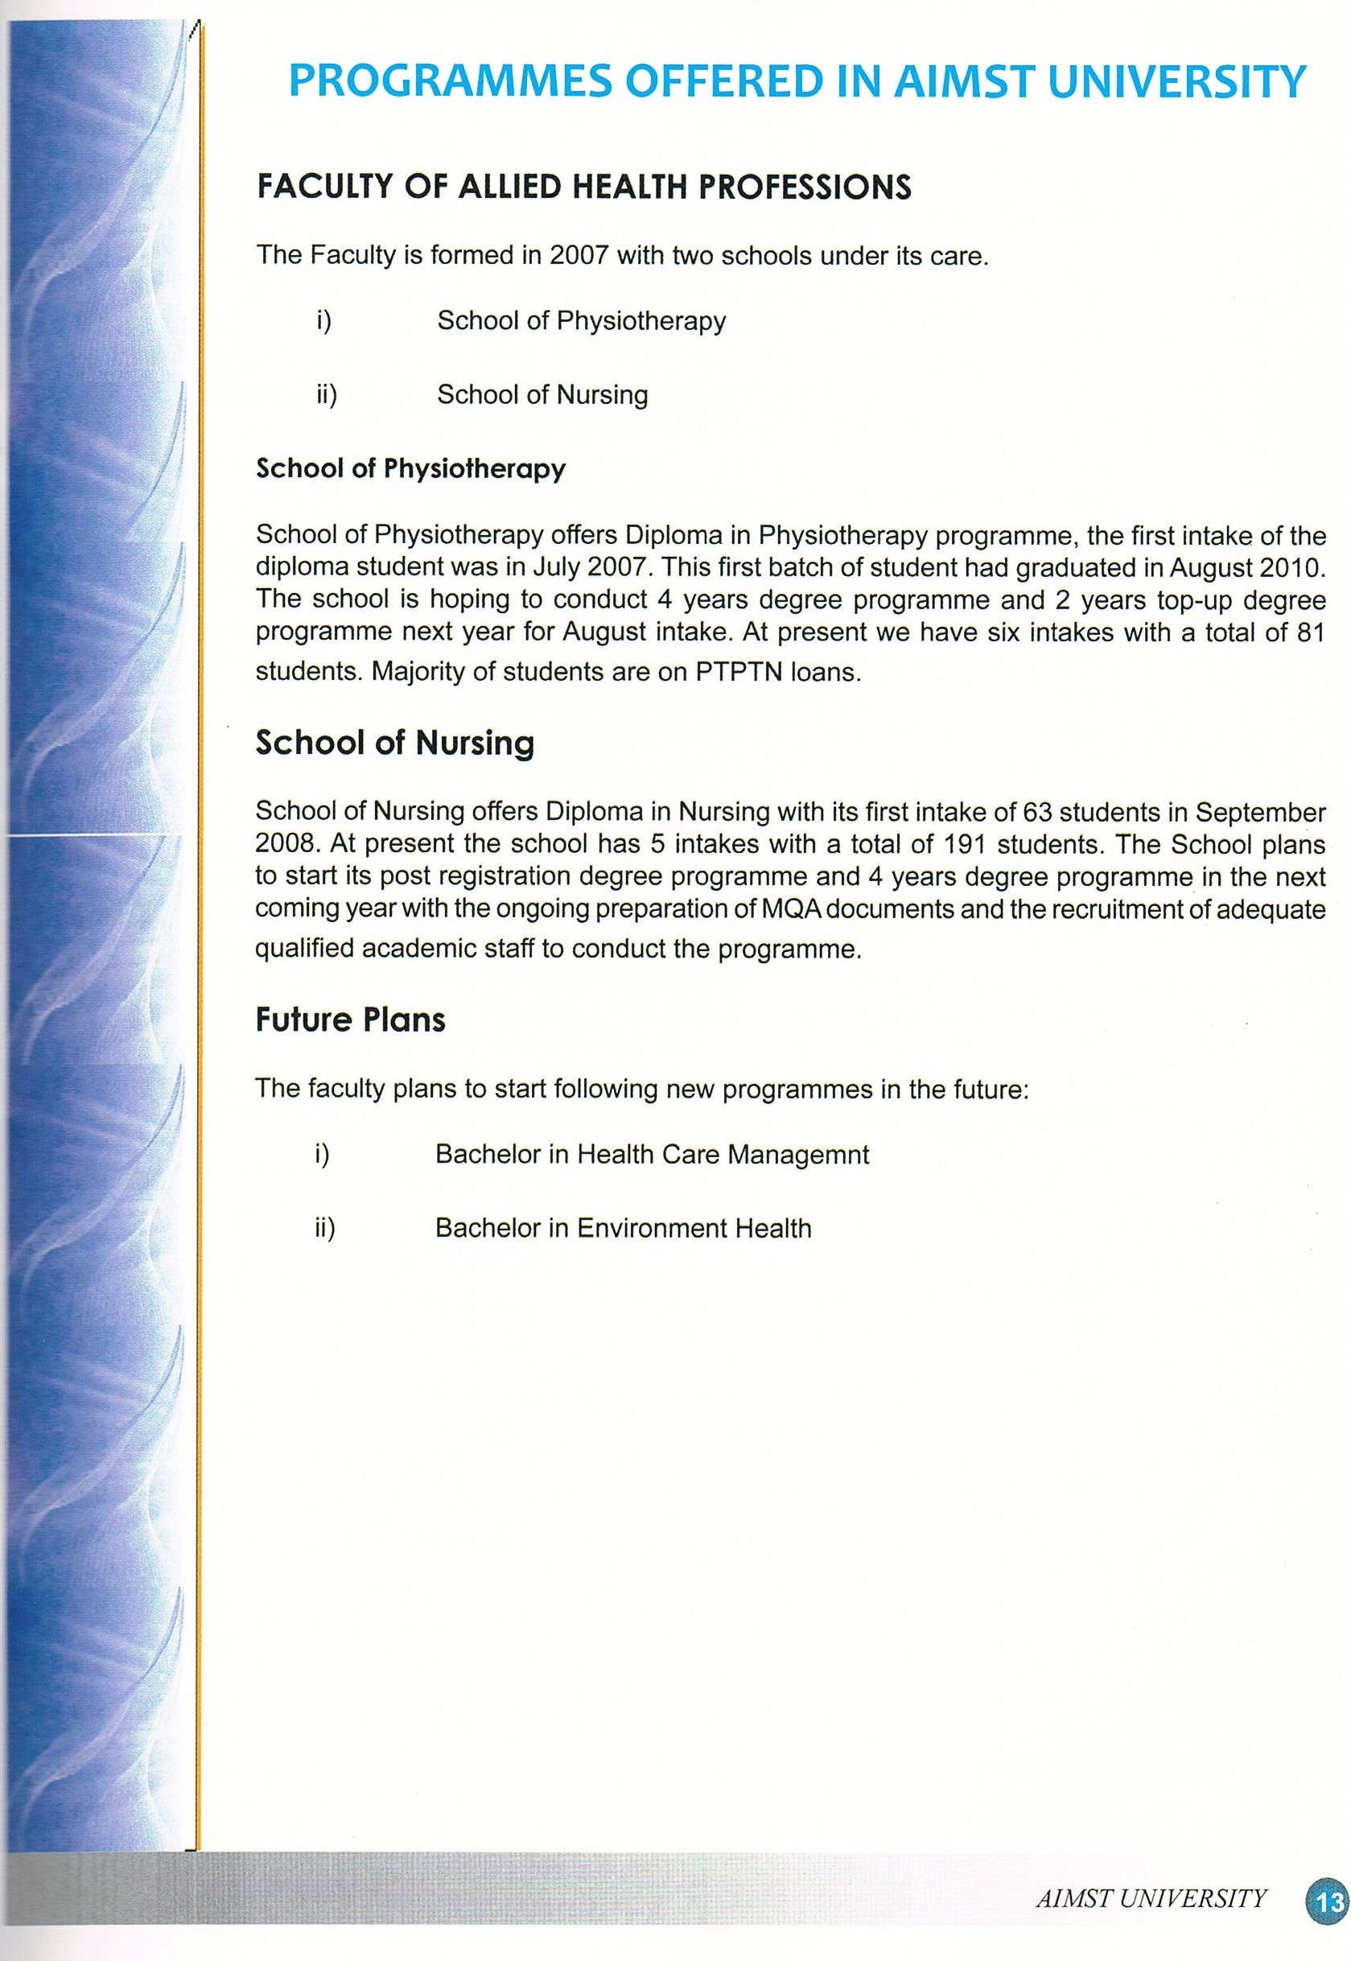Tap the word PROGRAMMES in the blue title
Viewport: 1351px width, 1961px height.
click(450, 82)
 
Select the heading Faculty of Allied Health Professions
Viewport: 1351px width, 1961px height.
click(583, 187)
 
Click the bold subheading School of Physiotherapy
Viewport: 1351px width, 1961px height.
click(410, 469)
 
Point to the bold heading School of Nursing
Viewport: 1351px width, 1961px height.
click(394, 743)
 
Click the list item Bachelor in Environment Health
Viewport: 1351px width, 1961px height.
click(623, 1228)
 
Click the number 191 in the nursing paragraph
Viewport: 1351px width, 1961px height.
click(966, 844)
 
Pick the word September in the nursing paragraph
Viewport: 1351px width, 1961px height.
click(1259, 812)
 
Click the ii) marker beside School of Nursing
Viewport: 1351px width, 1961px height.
click(327, 395)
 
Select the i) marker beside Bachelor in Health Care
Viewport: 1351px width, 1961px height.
click(322, 1155)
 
